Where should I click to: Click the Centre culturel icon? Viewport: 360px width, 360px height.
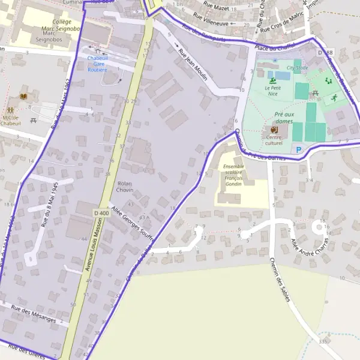[274, 130]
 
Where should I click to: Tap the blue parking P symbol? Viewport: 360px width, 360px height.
[297, 149]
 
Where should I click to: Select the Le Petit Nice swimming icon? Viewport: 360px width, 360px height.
[273, 80]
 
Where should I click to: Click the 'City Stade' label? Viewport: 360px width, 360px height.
[298, 68]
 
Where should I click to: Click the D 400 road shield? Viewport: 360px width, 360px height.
[101, 213]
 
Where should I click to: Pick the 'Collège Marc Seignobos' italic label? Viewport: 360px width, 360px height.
[58, 27]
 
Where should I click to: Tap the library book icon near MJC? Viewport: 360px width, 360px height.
[23, 97]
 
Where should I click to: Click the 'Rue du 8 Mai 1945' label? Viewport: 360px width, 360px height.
[49, 205]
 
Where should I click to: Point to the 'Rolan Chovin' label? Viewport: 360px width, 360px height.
[125, 186]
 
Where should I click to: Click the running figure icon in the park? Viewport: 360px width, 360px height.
[327, 80]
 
